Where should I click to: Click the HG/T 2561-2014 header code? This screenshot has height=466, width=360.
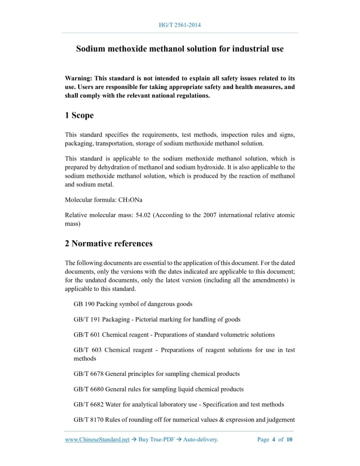[x=180, y=24]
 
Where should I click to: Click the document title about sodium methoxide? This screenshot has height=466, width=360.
[x=180, y=49]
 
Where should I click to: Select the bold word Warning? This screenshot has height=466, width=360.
[x=78, y=78]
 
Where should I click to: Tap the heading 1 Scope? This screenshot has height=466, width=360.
[x=79, y=115]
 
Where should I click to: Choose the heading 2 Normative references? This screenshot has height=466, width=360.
[x=109, y=243]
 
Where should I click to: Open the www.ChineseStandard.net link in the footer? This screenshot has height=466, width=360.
[x=97, y=440]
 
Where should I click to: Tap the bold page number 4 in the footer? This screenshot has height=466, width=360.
[x=274, y=440]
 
